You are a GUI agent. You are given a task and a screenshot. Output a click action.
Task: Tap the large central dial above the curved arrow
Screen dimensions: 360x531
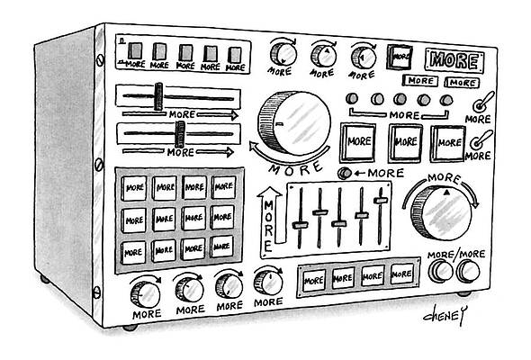(x=292, y=120)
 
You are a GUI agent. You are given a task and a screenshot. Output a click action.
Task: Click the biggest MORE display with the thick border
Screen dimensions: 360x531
(x=454, y=61)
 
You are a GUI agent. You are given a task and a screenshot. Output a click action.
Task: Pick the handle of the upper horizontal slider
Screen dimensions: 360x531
(x=159, y=96)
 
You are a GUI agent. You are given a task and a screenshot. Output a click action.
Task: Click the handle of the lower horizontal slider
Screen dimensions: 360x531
(x=180, y=134)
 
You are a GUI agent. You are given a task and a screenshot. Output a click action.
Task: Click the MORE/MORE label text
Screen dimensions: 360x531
(x=455, y=256)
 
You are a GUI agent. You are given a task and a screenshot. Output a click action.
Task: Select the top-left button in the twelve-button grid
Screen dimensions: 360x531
(x=135, y=187)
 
